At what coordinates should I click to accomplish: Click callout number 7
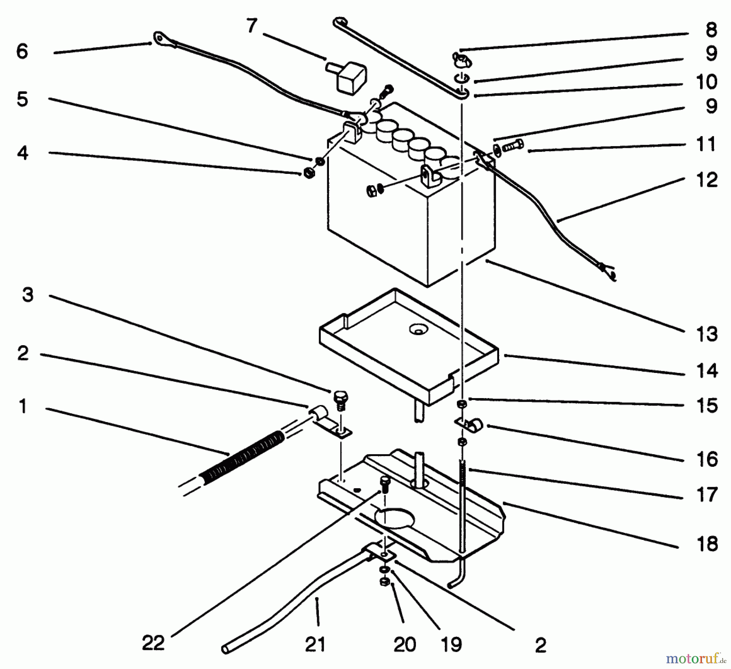[252, 26]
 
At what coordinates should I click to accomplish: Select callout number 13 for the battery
[707, 334]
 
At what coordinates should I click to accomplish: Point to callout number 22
[154, 643]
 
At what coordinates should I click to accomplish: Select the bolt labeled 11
[513, 145]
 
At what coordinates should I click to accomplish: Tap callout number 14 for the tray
[707, 370]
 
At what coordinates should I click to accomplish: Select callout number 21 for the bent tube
[316, 644]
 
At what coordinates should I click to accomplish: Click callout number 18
[707, 543]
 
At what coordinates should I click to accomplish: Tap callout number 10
[707, 82]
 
